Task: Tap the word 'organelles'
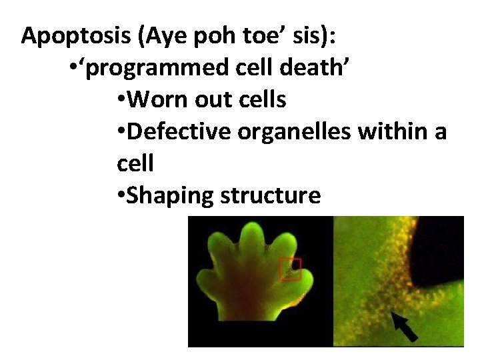coord(294,132)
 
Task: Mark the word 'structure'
coord(271,196)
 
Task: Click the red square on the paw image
coord(290,269)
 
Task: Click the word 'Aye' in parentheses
coord(164,36)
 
